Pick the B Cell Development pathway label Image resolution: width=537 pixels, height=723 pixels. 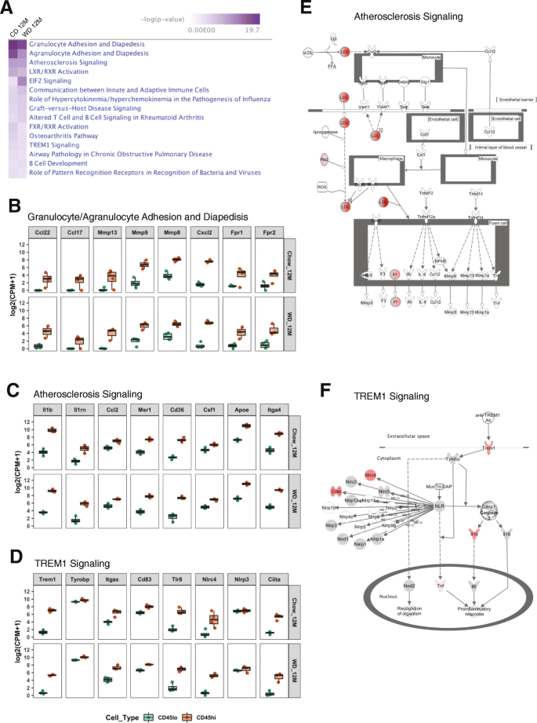pos(62,162)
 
